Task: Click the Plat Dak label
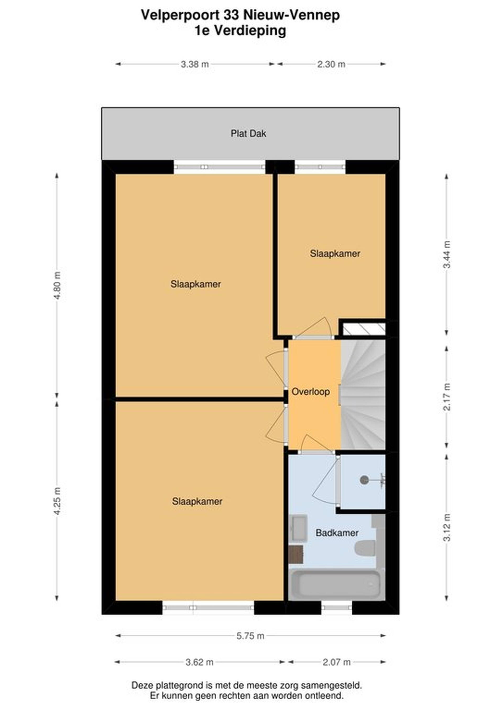coord(248,134)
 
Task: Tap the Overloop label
coord(310,392)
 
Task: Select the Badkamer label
coord(337,532)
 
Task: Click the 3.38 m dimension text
coord(195,64)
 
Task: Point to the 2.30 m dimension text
coord(331,64)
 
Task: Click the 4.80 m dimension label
coord(57,285)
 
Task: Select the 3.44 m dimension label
coord(447,254)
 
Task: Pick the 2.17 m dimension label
coord(447,397)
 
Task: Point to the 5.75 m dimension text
coord(250,636)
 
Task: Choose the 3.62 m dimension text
coord(199,662)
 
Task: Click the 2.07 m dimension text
coord(337,662)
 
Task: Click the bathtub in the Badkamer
coord(336,584)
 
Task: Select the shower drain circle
coord(364,480)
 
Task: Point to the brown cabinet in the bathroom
coord(296,554)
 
